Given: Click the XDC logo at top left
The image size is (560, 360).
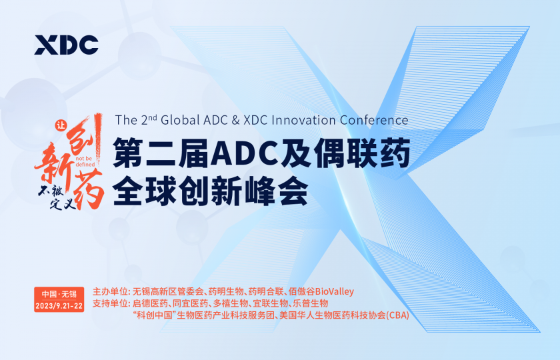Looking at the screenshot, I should (x=67, y=45).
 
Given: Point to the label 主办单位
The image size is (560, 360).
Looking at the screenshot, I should (x=111, y=291).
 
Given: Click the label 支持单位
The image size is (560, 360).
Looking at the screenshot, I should (x=111, y=303).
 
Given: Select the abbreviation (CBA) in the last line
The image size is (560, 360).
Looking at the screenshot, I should (x=397, y=315).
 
